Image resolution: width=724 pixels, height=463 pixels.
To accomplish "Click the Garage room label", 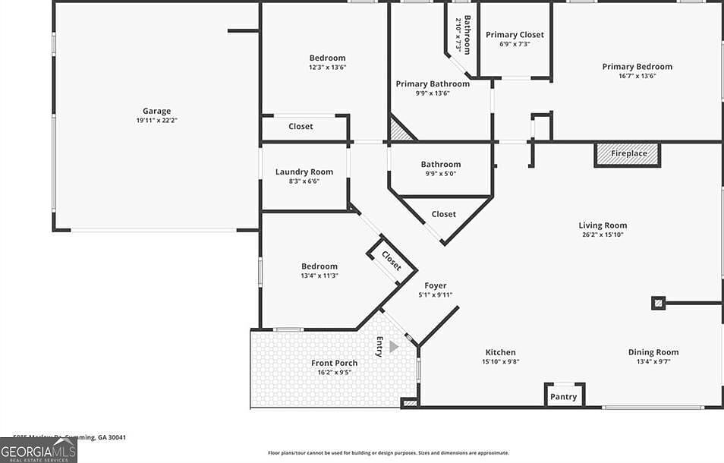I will [x=156, y=111].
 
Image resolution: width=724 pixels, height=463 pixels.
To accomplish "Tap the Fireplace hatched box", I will [x=628, y=154].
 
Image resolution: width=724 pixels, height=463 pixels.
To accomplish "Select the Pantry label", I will [x=563, y=397].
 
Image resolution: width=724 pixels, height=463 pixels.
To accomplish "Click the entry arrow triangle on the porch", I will [x=393, y=347].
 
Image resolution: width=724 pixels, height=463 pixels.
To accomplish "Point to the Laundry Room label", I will [x=304, y=172].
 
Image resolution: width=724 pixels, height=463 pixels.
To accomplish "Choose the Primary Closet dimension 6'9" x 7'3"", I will [x=515, y=44].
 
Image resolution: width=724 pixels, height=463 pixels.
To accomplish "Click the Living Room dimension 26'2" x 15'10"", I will [x=603, y=235].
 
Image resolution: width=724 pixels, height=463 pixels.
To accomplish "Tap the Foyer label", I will [x=435, y=286].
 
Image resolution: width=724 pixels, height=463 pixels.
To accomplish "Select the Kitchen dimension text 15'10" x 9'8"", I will [x=500, y=361].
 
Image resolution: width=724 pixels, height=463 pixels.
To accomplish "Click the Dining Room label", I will [x=653, y=352].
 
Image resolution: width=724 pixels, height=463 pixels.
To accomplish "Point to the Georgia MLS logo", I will [x=38, y=450].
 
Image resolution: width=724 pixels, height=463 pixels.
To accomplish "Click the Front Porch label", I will [x=334, y=363].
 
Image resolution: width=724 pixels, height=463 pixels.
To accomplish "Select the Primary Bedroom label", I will [x=637, y=67].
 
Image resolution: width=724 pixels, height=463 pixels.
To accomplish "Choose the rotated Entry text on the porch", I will [x=379, y=345].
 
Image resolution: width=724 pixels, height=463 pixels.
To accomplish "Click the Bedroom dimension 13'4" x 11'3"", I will [x=319, y=276].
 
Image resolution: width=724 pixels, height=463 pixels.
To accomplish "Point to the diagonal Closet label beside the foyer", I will [x=391, y=260].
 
